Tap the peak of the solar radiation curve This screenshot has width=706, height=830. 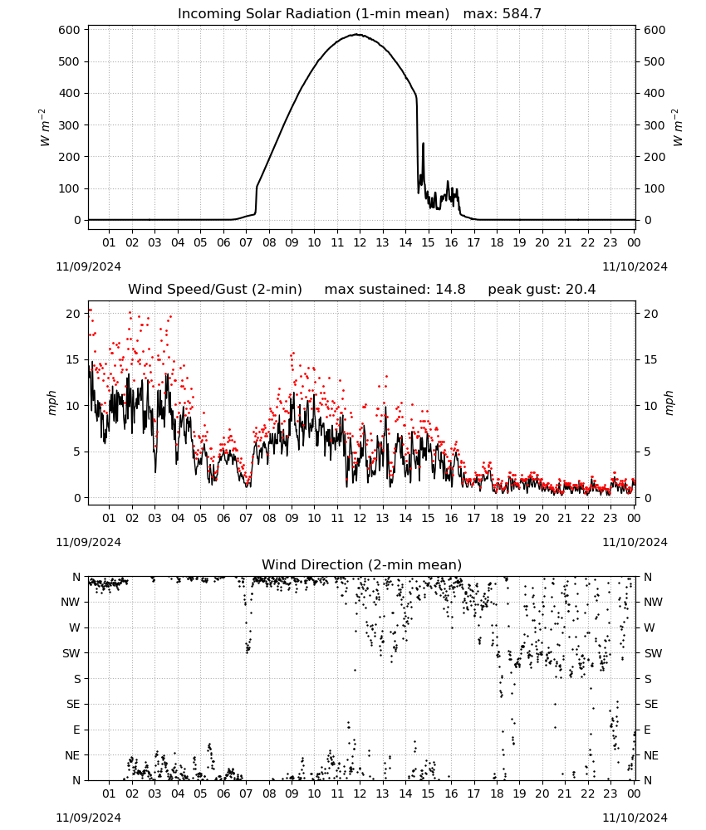pyautogui.click(x=357, y=34)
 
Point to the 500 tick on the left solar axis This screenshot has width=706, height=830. pyautogui.click(x=70, y=61)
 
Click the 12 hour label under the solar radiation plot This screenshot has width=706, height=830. pyautogui.click(x=360, y=242)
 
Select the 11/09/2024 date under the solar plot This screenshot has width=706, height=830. pyautogui.click(x=88, y=266)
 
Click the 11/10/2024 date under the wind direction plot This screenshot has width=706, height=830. pyautogui.click(x=635, y=818)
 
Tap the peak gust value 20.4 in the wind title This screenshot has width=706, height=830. pyautogui.click(x=580, y=290)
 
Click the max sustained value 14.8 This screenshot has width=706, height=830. pyautogui.click(x=450, y=290)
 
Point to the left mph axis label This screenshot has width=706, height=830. pyautogui.click(x=51, y=403)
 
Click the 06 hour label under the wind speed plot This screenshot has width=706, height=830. pyautogui.click(x=223, y=518)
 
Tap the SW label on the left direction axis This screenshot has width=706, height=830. pyautogui.click(x=71, y=653)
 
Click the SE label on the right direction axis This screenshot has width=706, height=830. pyautogui.click(x=651, y=704)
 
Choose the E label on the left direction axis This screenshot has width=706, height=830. pyautogui.click(x=76, y=730)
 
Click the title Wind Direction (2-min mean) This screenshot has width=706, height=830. pyautogui.click(x=362, y=564)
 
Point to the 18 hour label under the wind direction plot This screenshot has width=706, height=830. pyautogui.click(x=496, y=794)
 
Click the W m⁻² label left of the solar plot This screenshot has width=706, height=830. pyautogui.click(x=45, y=128)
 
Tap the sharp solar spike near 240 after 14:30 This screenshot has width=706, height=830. pyautogui.click(x=423, y=144)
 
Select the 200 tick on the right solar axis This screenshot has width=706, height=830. pyautogui.click(x=655, y=157)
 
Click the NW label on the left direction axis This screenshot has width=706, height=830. pyautogui.click(x=71, y=603)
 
